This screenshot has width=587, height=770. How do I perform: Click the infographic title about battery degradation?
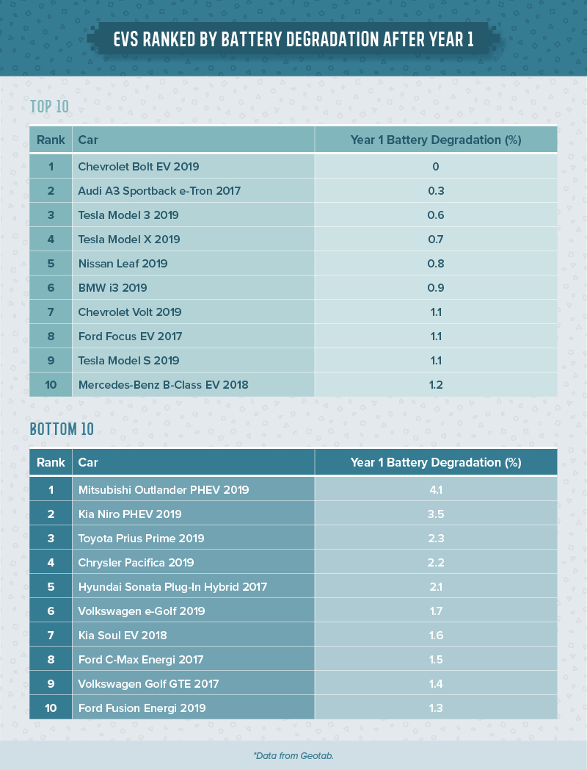coord(293,40)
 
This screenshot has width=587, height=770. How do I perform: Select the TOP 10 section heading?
coord(49,107)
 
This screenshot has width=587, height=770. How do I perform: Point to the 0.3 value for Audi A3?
coord(436,191)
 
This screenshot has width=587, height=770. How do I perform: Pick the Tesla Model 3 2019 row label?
coord(128,215)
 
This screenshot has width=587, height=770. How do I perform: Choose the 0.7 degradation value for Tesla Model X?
coord(436,240)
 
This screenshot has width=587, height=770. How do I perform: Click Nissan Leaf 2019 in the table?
coord(123,264)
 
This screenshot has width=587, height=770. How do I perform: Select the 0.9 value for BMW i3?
coord(436,288)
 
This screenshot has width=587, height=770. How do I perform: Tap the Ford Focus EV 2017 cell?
coord(130,337)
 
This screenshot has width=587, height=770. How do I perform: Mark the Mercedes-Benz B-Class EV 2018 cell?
coord(163,385)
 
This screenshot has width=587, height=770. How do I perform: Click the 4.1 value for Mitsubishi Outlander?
coord(436,490)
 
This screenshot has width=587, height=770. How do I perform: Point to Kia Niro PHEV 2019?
coord(130,514)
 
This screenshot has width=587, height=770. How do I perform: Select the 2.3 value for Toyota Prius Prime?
coord(436,539)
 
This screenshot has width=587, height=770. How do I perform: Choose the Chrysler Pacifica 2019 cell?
coord(136,563)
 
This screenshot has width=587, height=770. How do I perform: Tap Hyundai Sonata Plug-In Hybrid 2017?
coord(172,587)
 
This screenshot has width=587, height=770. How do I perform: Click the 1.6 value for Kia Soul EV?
coord(436,636)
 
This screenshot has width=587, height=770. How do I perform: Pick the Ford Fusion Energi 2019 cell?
coord(142,708)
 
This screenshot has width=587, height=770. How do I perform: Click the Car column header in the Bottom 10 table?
coord(88,463)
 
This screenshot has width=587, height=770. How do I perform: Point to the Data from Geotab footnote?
coord(293,755)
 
